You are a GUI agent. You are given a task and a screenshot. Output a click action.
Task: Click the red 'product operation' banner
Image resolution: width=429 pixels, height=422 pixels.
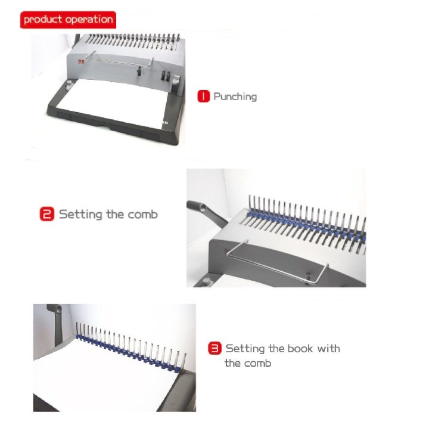pyautogui.click(x=68, y=20)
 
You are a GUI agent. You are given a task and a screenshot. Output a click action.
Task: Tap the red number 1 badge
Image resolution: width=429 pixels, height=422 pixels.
pyautogui.click(x=204, y=97)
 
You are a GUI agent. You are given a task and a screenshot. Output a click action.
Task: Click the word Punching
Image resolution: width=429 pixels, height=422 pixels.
pyautogui.click(x=235, y=97)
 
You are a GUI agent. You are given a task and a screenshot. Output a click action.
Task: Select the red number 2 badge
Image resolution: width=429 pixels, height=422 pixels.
pyautogui.click(x=47, y=214)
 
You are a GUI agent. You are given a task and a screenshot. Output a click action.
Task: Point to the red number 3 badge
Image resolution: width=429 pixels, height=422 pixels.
pyautogui.click(x=214, y=348)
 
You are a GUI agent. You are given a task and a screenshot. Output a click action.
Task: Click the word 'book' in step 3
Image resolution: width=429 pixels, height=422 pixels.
pyautogui.click(x=300, y=348)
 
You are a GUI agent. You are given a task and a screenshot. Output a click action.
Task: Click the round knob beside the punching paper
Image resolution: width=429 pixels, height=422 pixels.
pyautogui.click(x=69, y=83)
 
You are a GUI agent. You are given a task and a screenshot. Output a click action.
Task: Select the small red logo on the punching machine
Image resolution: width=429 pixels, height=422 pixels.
pyautogui.click(x=81, y=61)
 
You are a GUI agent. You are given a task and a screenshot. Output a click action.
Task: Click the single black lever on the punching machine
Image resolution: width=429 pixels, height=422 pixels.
pyautogui.click(x=139, y=71)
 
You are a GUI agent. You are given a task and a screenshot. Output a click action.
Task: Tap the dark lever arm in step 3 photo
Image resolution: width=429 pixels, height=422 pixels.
pyautogui.click(x=57, y=323)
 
